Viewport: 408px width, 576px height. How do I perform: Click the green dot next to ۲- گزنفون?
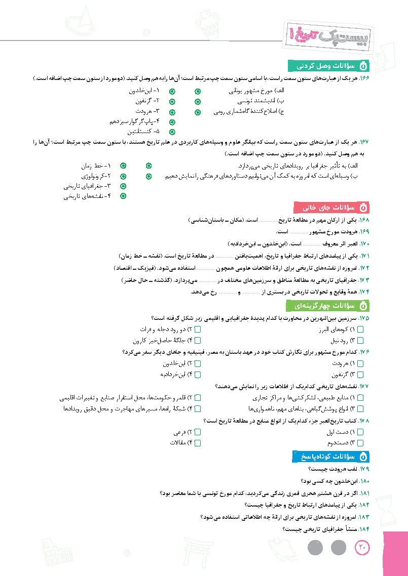[x=172, y=102]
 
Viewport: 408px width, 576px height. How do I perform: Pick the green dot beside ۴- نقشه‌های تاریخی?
[x=123, y=196]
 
